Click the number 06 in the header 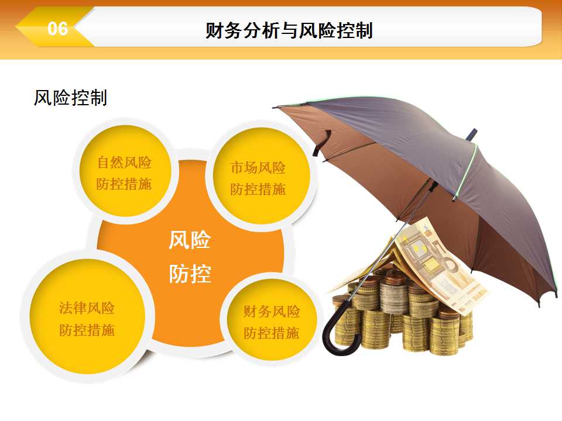click(x=58, y=29)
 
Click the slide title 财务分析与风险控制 click(x=289, y=30)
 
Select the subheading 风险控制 click(x=70, y=98)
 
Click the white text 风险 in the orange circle click(x=190, y=240)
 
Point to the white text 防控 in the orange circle click(x=190, y=274)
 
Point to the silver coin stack click(x=394, y=294)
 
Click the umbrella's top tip click(x=472, y=134)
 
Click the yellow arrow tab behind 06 click(x=54, y=27)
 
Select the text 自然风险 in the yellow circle click(x=124, y=163)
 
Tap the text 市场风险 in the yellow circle click(x=258, y=168)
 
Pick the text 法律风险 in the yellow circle click(x=87, y=308)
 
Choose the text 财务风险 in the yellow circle click(x=272, y=312)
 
